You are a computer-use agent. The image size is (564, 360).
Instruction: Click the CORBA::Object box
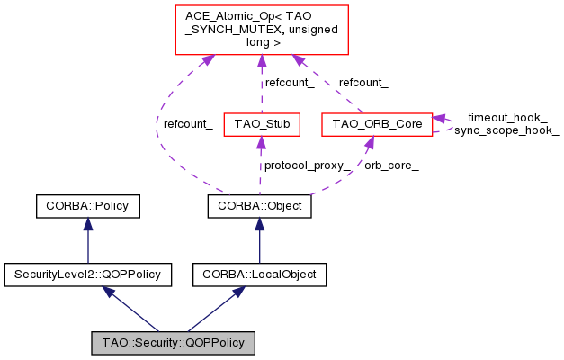260,206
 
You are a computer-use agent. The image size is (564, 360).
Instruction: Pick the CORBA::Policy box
87,206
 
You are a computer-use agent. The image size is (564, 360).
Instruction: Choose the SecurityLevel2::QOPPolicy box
87,273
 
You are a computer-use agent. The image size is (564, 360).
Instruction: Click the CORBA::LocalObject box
260,273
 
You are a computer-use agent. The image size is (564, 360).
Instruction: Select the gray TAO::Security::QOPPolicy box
174,343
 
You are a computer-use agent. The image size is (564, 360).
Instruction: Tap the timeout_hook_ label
507,118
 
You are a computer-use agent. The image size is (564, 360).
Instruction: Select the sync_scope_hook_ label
506,130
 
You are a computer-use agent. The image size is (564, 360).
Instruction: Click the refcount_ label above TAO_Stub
289,83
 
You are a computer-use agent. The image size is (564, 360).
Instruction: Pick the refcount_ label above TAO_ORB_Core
363,83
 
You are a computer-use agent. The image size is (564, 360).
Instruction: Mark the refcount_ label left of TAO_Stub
188,125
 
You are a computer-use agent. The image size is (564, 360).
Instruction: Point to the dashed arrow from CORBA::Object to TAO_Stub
260,171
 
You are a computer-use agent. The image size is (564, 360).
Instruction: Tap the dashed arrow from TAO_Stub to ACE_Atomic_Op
261,85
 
